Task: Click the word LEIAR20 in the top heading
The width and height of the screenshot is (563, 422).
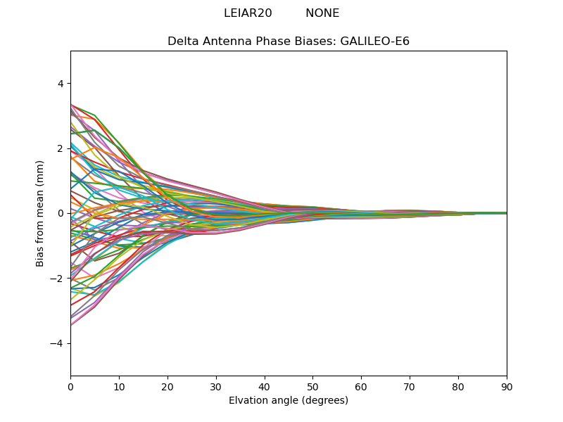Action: [248, 13]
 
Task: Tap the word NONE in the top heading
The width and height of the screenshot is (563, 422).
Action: [322, 13]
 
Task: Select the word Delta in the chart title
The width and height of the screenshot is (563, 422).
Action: [182, 41]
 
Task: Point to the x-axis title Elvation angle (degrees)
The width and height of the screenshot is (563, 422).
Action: [289, 401]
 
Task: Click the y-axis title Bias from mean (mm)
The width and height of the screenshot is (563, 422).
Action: [41, 213]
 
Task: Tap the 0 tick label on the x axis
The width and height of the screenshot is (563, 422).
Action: [70, 386]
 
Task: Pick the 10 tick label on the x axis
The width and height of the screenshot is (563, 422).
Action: [119, 386]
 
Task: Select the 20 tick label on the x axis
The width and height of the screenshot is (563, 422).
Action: [167, 386]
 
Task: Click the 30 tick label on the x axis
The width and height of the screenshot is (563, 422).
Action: [216, 386]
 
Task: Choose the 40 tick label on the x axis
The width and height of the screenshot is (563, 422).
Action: [265, 386]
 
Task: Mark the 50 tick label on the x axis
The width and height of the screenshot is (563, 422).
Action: [312, 386]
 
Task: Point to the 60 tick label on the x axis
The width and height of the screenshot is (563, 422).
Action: [361, 386]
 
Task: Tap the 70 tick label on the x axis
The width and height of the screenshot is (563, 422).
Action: [410, 386]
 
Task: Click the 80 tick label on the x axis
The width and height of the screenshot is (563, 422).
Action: [458, 386]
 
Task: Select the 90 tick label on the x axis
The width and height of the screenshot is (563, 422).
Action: [507, 386]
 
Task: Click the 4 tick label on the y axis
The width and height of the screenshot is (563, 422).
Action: [60, 84]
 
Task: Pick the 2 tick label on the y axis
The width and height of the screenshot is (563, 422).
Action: [60, 148]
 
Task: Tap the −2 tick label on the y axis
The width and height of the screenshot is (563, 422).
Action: [56, 279]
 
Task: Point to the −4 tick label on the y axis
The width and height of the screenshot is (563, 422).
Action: [56, 343]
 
